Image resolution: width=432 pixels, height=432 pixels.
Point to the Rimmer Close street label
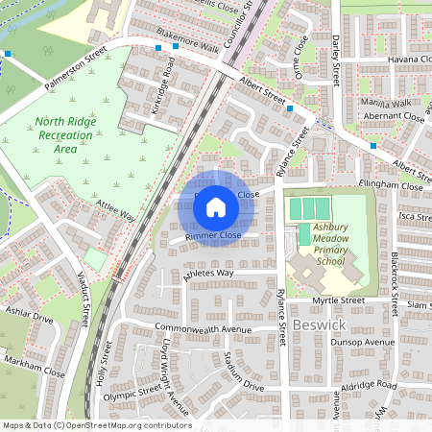pos(212,235)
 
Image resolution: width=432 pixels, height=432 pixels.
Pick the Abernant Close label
pos(394,116)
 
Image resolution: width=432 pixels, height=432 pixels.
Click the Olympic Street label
pos(132,391)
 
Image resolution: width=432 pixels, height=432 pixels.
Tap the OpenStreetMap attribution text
pos(96,425)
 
